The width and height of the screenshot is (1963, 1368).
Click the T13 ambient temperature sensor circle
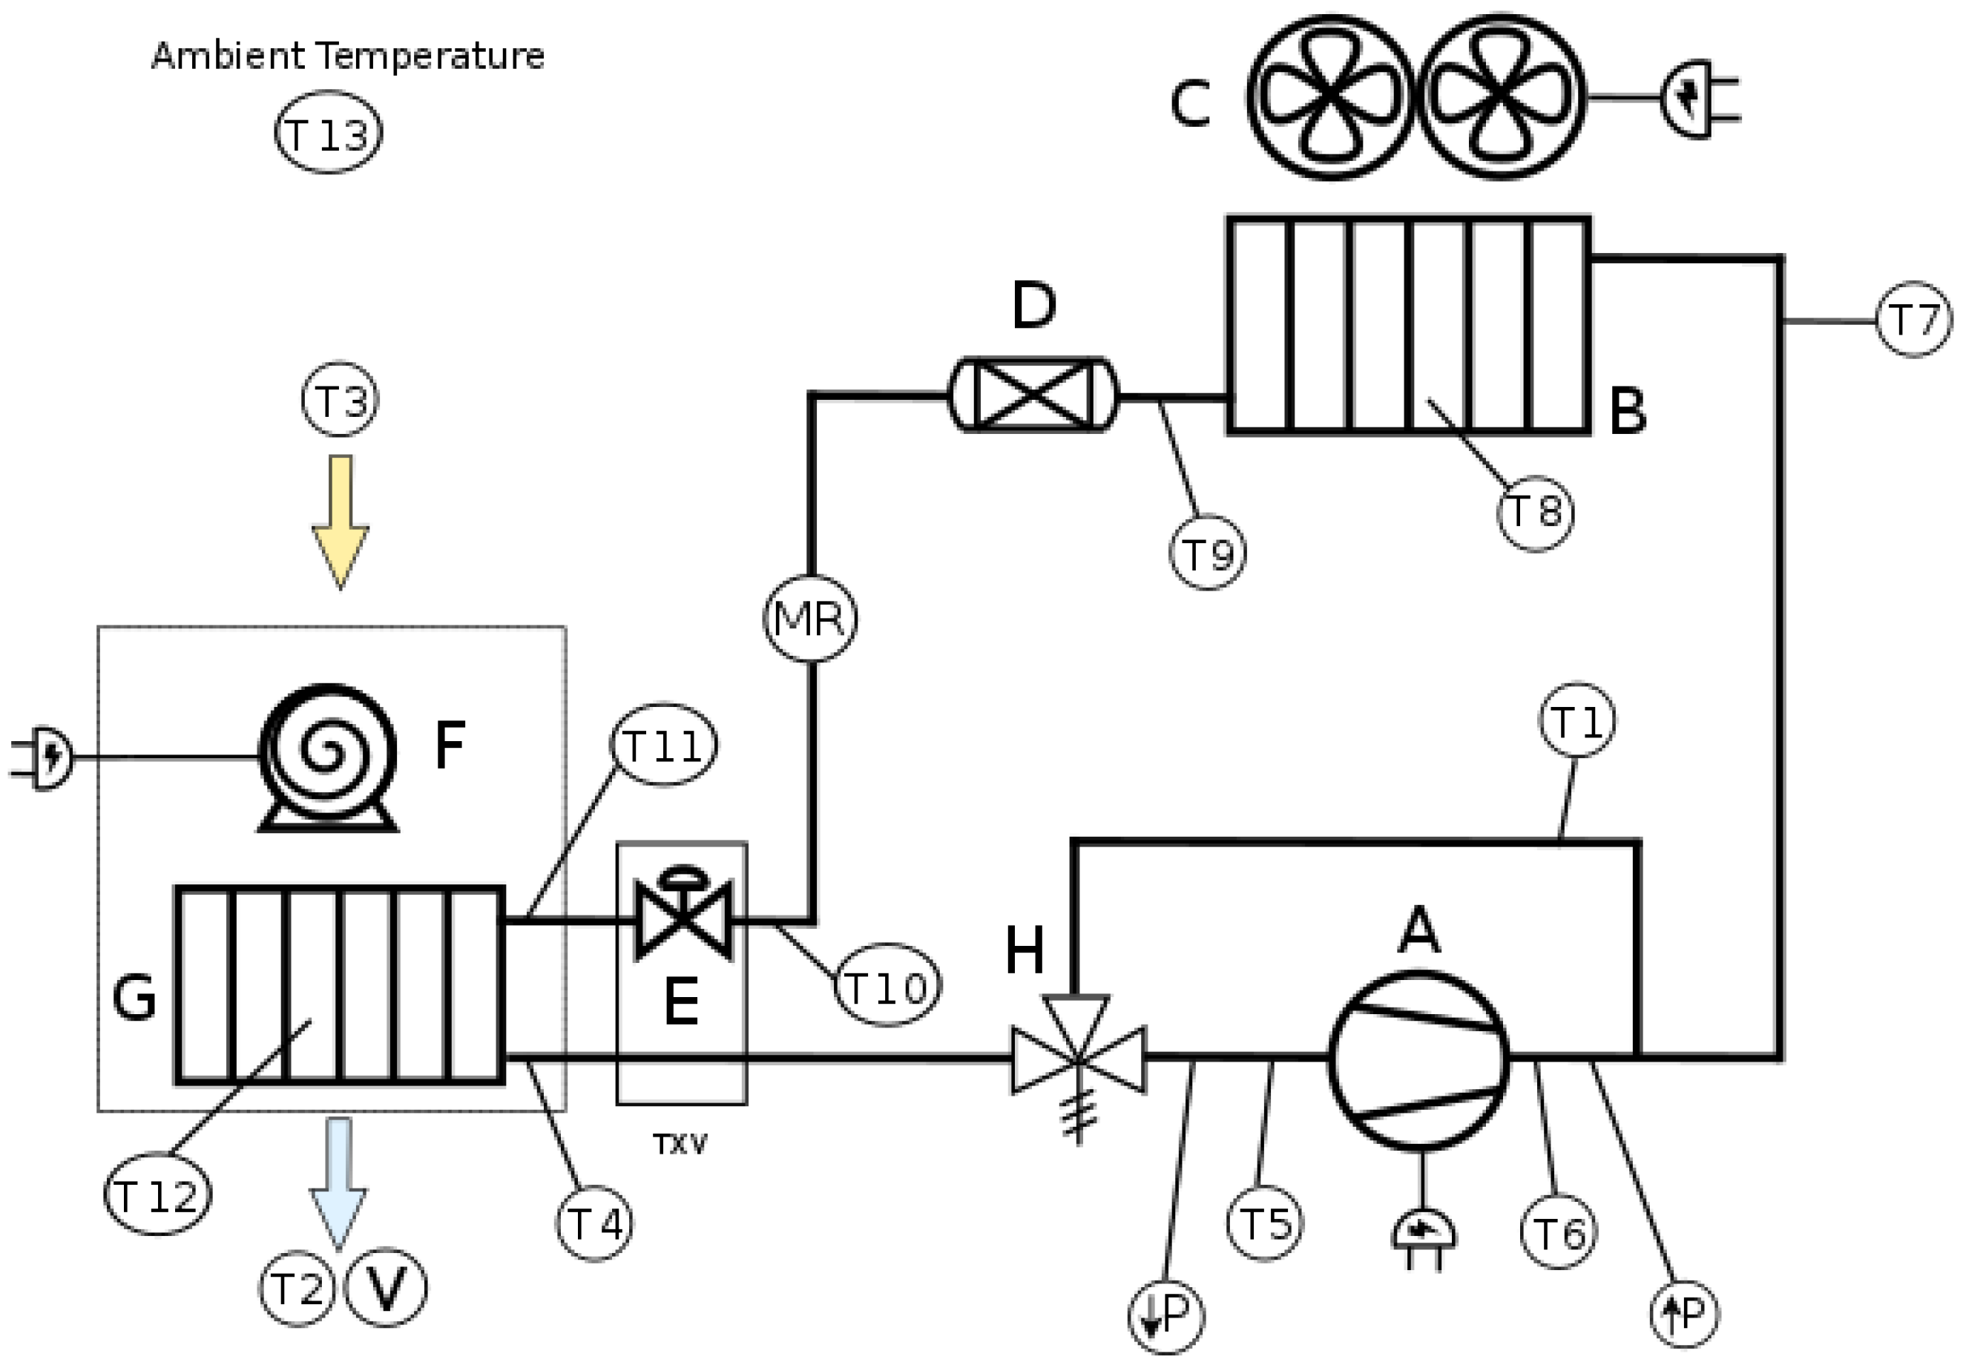(329, 134)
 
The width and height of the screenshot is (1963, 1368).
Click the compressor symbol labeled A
(1418, 1061)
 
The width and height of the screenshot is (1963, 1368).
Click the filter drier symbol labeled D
(1033, 394)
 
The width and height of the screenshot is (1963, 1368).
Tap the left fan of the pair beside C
(1331, 96)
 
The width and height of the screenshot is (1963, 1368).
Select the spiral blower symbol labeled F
(329, 753)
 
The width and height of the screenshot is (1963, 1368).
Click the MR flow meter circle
(809, 617)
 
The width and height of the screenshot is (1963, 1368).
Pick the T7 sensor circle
(1914, 320)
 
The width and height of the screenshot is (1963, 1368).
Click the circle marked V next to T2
(386, 1287)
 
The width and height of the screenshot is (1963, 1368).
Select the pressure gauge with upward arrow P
(1684, 1313)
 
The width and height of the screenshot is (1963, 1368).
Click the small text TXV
(680, 1144)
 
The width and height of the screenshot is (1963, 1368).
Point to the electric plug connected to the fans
(1697, 99)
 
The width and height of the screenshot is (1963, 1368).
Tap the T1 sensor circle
(1577, 721)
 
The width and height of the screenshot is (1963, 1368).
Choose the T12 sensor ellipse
(157, 1194)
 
